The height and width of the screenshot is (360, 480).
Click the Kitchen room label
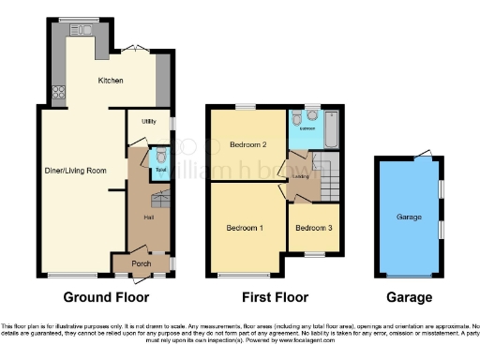[111, 81]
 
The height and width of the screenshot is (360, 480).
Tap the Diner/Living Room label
[75, 171]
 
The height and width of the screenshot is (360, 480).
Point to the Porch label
[141, 263]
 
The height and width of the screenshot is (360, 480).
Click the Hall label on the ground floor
[148, 217]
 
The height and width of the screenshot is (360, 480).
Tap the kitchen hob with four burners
[61, 92]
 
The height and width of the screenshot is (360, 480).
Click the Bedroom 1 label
[245, 228]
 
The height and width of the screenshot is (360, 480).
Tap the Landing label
[301, 175]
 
